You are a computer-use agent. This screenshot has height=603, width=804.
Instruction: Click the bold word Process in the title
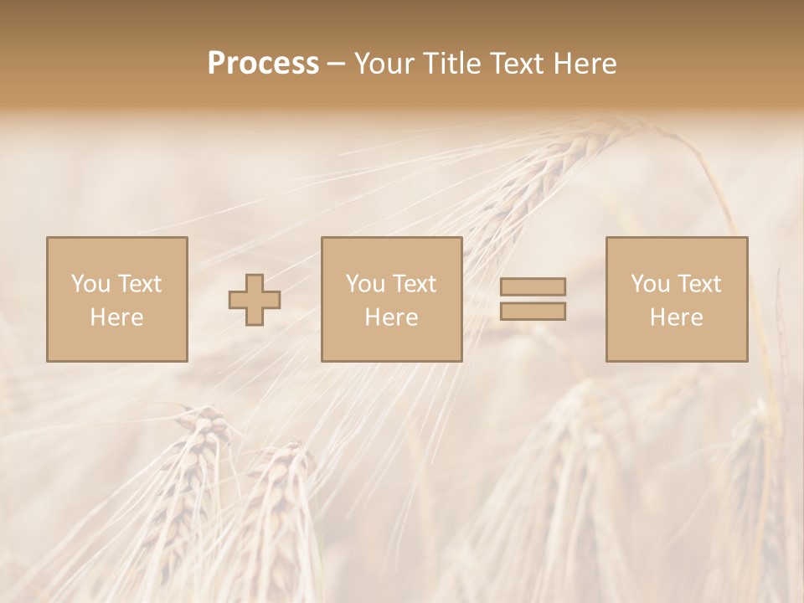point(263,64)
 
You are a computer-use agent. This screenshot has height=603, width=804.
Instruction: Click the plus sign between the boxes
point(255,300)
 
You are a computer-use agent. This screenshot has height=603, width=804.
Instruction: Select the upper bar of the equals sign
point(533,286)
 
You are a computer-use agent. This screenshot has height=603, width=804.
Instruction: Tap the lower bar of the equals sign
point(533,312)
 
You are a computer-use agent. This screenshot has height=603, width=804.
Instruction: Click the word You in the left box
point(90,284)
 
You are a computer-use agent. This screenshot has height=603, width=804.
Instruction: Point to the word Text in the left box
point(139,284)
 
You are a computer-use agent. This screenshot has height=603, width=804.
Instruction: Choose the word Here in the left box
point(116,317)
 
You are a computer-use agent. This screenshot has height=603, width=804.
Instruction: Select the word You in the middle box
point(365,284)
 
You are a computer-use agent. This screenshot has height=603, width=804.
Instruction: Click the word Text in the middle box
point(414,284)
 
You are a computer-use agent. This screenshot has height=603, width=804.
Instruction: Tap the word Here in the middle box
point(391,317)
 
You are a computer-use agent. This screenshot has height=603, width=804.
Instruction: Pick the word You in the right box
point(650,284)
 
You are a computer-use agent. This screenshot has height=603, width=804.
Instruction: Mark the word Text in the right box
point(698,284)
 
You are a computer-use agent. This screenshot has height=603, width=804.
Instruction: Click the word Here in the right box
point(676,317)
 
